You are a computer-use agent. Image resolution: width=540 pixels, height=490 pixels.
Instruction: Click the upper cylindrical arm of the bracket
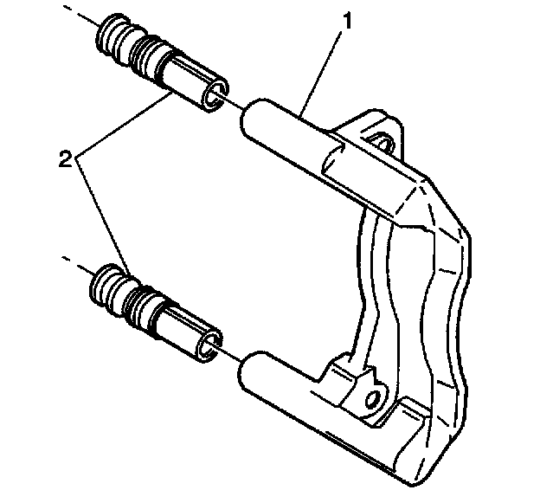coord(286,129)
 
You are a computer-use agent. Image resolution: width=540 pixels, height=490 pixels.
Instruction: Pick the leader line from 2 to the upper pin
coord(121,126)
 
